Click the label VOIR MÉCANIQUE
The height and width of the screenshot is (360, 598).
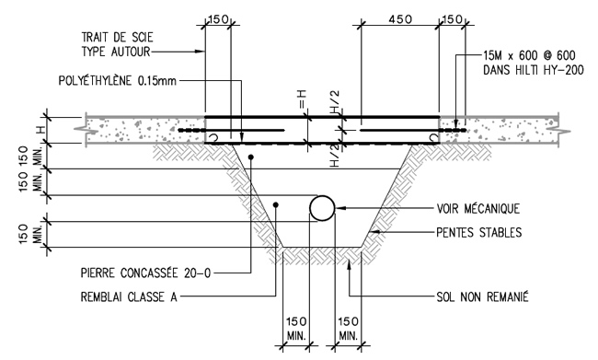point(477,208)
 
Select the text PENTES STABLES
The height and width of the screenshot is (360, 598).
point(479,232)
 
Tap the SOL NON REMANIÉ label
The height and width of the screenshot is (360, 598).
point(482,296)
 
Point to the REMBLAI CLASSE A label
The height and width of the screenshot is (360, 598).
point(129,296)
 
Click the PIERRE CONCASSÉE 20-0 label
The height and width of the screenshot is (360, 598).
point(145,273)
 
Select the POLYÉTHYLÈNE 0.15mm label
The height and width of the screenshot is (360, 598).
point(118,80)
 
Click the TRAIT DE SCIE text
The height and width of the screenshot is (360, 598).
point(117,38)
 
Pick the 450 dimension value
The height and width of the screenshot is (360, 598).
point(399,19)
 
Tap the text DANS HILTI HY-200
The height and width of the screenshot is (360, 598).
point(534,70)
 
